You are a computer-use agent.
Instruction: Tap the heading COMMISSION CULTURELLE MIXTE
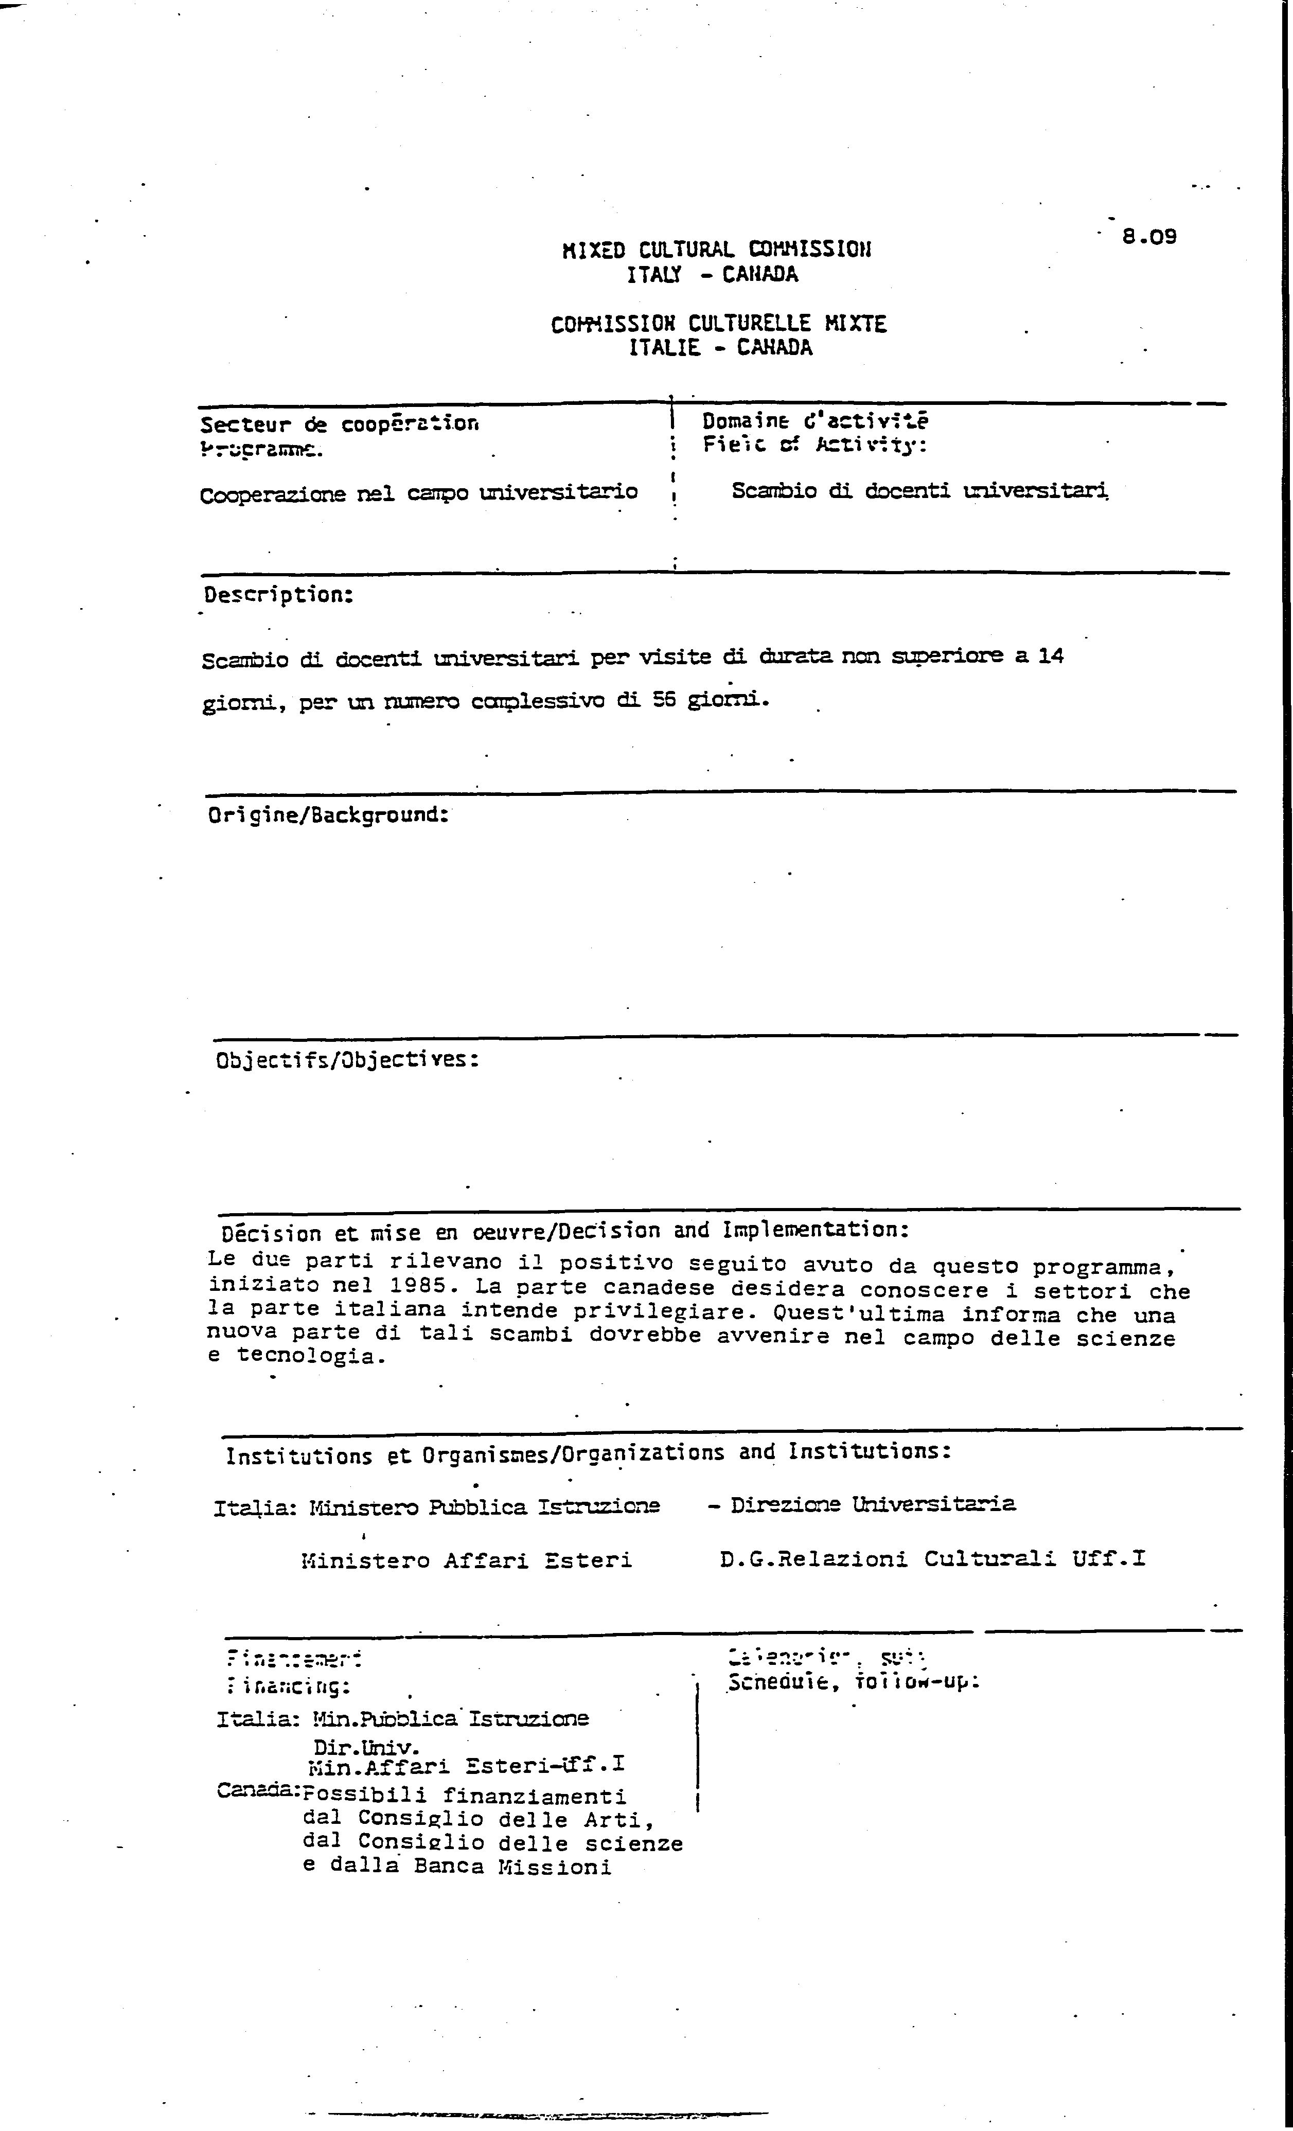[719, 324]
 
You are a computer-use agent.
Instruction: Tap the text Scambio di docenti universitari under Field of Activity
[919, 490]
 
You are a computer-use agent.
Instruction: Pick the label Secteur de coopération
[339, 424]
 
